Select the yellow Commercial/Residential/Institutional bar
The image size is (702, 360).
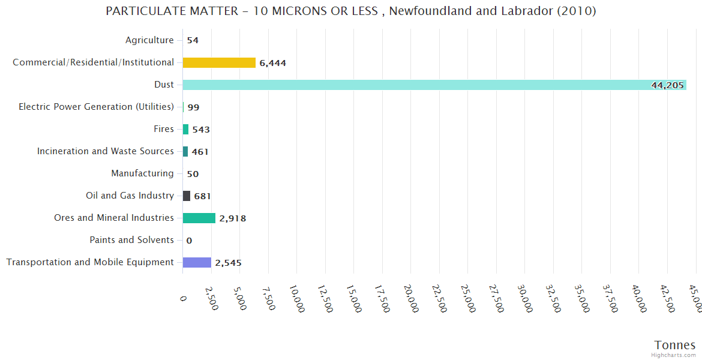tap(219, 62)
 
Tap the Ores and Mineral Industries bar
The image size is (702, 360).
tap(199, 218)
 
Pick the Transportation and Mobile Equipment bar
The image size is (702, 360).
tap(197, 262)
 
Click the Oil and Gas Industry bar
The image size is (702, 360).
tap(187, 196)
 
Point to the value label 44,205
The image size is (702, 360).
tap(667, 85)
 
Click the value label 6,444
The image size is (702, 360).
tap(273, 63)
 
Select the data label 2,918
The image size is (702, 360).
tap(233, 218)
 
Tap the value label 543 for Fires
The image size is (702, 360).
tap(201, 130)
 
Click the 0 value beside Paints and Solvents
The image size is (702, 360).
tap(189, 241)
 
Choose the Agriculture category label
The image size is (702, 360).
tap(149, 40)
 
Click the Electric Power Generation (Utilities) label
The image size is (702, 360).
tap(96, 107)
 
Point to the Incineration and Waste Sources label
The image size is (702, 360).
tap(106, 151)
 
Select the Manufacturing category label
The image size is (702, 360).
tap(142, 173)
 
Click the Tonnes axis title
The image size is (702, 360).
tap(675, 345)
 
